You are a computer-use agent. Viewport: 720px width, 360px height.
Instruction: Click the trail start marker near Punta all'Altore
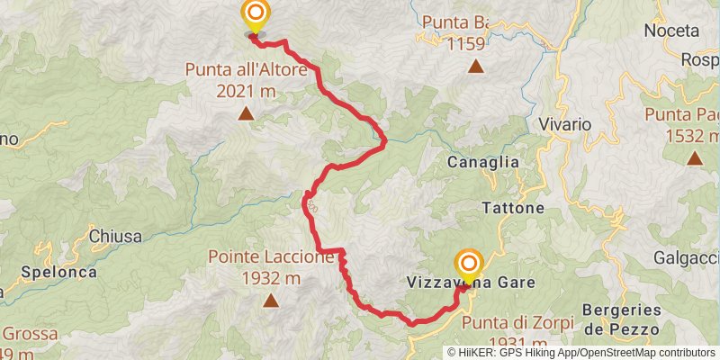(x=256, y=14)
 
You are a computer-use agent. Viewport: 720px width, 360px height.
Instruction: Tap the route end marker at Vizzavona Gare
(x=469, y=265)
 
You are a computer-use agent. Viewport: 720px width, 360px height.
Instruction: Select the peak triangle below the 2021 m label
(x=245, y=114)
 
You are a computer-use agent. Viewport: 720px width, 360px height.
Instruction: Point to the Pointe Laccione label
(x=271, y=256)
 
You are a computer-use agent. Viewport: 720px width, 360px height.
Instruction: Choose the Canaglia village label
(x=483, y=162)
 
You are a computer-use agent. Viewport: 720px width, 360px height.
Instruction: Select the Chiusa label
(x=115, y=237)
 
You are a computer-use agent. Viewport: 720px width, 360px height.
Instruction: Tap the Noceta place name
(x=671, y=31)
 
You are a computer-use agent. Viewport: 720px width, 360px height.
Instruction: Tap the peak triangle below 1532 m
(x=695, y=158)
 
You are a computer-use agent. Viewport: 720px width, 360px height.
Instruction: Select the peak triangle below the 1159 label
(x=474, y=66)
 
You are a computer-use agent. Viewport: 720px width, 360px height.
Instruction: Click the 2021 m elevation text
(x=246, y=90)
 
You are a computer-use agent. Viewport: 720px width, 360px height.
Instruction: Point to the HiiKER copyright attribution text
(x=581, y=352)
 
